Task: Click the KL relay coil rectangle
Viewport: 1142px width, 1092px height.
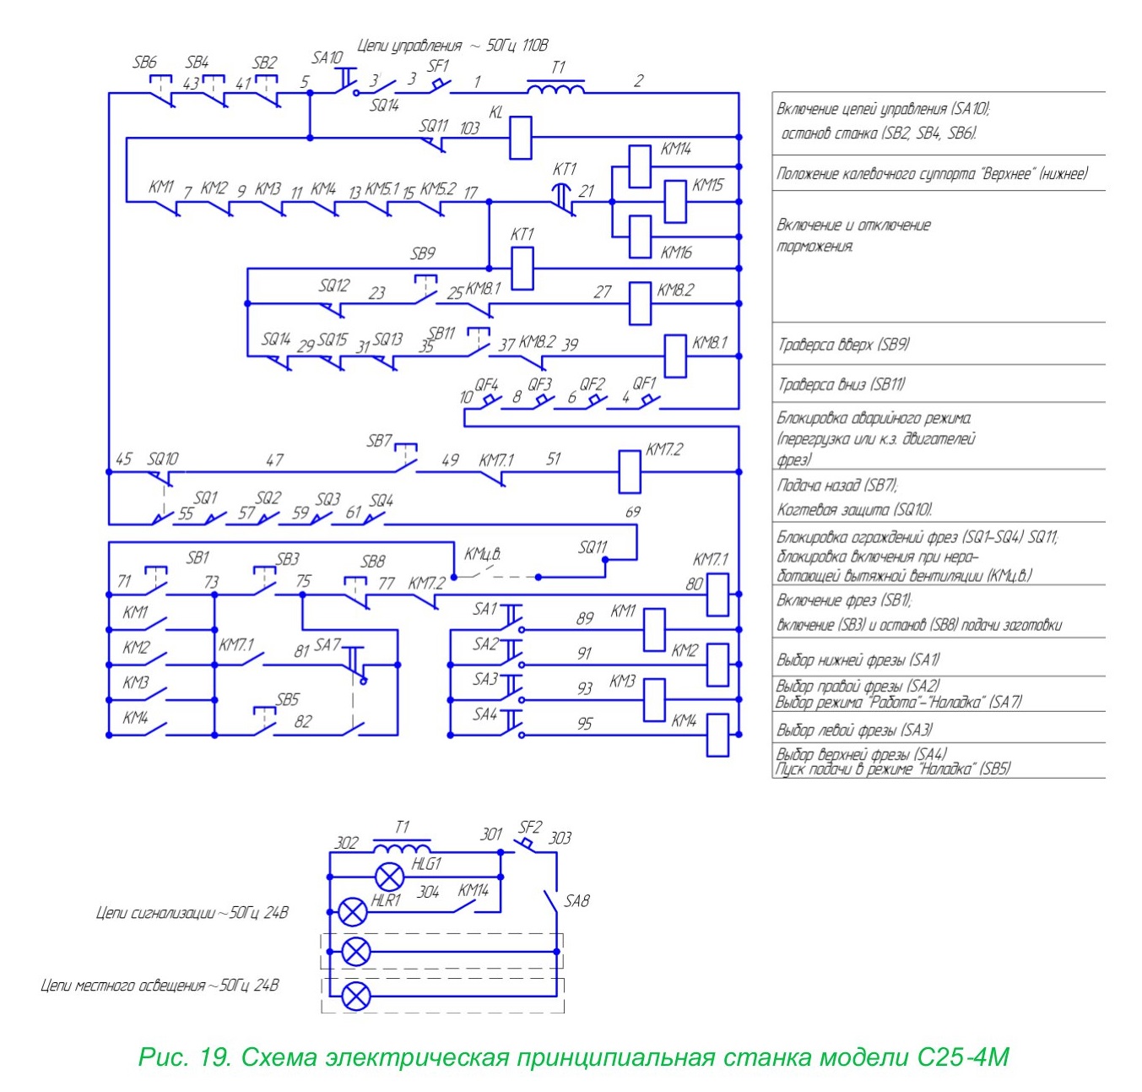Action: click(x=519, y=138)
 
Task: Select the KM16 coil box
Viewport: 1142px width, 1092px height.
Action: click(x=639, y=236)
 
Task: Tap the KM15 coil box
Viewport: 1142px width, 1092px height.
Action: click(x=674, y=201)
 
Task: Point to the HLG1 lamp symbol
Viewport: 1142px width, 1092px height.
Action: click(x=389, y=877)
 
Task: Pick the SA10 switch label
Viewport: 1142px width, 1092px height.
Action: click(x=327, y=57)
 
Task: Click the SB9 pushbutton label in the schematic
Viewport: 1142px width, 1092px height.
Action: click(x=422, y=253)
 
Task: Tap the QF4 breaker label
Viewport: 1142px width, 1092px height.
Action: click(x=486, y=384)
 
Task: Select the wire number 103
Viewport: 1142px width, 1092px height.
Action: click(x=469, y=128)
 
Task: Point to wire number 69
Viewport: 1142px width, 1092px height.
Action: click(x=632, y=511)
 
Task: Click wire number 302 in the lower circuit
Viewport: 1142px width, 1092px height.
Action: click(x=346, y=843)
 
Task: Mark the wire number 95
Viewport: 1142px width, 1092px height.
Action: click(x=584, y=724)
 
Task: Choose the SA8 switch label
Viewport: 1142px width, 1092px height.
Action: click(x=576, y=900)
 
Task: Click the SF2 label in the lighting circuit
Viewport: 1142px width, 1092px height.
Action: click(x=530, y=827)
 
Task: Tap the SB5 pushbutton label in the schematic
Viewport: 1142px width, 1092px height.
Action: click(x=288, y=699)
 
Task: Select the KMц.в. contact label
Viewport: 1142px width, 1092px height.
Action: click(x=483, y=554)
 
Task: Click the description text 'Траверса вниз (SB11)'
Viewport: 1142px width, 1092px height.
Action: click(x=841, y=384)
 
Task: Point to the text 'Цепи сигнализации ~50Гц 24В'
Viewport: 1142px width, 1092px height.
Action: click(x=192, y=913)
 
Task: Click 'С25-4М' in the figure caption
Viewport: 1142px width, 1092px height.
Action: click(x=962, y=1057)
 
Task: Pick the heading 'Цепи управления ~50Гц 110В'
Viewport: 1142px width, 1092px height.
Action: click(x=452, y=46)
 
